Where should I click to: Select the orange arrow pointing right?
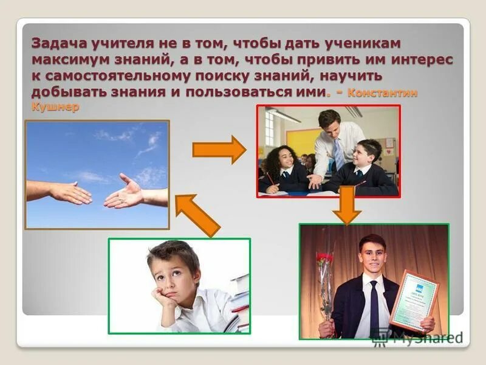coord(219,149)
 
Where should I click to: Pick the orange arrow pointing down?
coord(346,205)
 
